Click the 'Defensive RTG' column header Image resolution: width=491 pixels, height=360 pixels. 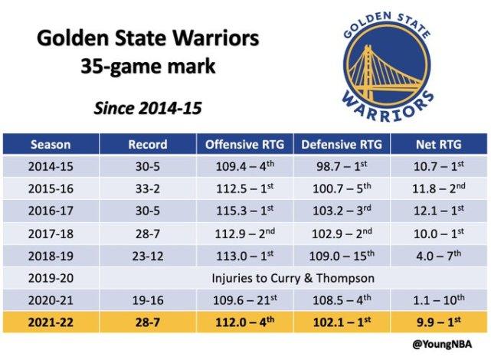click(x=342, y=145)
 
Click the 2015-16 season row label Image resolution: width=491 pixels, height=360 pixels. click(x=51, y=188)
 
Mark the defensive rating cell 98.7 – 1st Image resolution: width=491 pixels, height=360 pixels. click(x=342, y=166)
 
